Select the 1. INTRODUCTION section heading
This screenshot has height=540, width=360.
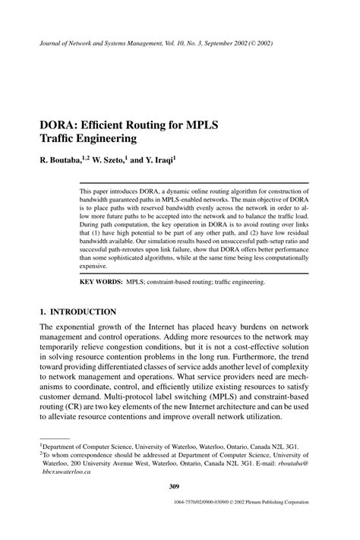point(77,311)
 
